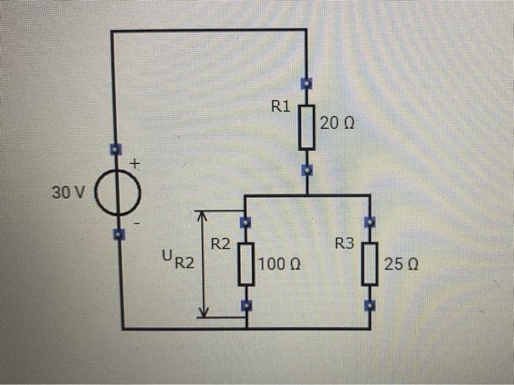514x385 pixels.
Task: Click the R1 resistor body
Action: coord(306,127)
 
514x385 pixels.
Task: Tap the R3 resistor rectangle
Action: coord(370,263)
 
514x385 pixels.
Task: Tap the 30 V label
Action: coord(68,193)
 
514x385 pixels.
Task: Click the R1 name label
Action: coord(280,107)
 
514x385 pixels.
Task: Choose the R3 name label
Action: coord(344,243)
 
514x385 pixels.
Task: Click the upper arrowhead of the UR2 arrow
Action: coord(203,214)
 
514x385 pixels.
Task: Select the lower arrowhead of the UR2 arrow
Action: coord(203,313)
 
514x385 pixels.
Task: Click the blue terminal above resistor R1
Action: coord(306,85)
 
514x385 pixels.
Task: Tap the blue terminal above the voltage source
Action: coord(115,150)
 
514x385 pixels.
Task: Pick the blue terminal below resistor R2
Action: coord(246,306)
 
